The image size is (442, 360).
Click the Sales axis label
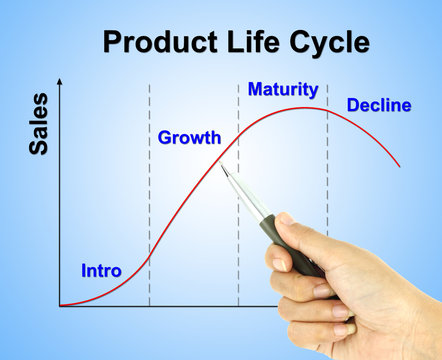(38, 124)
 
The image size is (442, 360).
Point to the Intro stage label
(101, 271)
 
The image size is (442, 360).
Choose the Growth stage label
(189, 138)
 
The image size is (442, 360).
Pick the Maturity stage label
(283, 90)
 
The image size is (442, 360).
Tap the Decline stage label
(378, 105)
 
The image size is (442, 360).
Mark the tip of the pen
(224, 164)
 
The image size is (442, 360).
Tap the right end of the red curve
(400, 166)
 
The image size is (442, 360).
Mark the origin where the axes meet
(60, 305)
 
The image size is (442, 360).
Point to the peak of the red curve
(305, 108)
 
